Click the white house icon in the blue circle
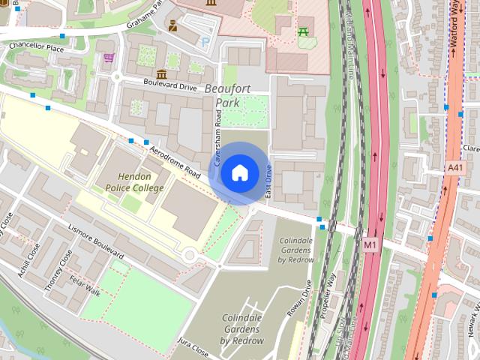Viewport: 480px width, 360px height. coord(239,173)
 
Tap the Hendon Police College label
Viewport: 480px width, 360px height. coord(134,183)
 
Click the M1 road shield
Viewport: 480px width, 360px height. coord(370,244)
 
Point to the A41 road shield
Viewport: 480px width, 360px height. coord(454,167)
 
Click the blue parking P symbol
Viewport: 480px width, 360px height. coord(206,43)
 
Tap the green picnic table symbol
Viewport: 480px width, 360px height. coord(303,31)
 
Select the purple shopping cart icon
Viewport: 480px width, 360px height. coord(109,58)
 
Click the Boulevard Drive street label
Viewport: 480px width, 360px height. coord(171,86)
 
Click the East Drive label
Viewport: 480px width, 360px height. coord(268,183)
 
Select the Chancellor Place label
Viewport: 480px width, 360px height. coord(36,46)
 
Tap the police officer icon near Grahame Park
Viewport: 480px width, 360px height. coord(172,26)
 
